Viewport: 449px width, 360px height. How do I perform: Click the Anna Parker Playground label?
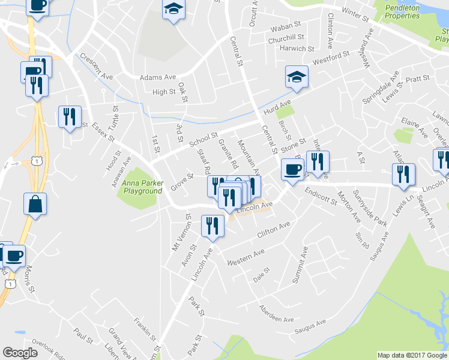[x=142, y=187]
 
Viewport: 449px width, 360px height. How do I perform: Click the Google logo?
[x=20, y=353]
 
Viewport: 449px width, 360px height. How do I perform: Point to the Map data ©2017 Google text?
[x=412, y=355]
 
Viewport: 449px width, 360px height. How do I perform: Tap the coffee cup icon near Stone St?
[x=292, y=169]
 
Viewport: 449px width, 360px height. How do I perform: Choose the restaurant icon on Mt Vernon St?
[x=212, y=226]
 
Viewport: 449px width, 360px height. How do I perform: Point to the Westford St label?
[x=331, y=59]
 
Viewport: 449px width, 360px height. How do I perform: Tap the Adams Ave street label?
[x=157, y=77]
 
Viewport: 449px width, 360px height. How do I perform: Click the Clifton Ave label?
[x=274, y=229]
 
